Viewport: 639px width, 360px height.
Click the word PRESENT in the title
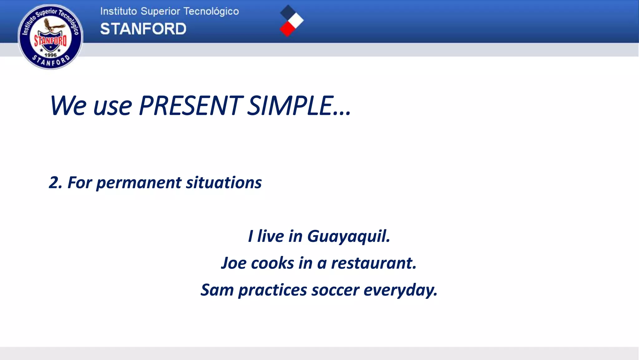point(190,106)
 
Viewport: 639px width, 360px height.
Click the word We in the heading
point(68,106)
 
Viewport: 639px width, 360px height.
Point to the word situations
point(224,182)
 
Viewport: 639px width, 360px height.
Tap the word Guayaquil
point(349,237)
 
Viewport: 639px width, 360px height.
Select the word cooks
point(272,263)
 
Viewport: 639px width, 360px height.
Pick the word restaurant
point(373,263)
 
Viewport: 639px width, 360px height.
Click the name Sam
point(217,290)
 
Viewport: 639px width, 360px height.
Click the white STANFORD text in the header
point(143,29)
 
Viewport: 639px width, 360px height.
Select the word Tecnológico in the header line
point(211,12)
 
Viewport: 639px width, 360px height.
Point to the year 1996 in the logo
point(51,55)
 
